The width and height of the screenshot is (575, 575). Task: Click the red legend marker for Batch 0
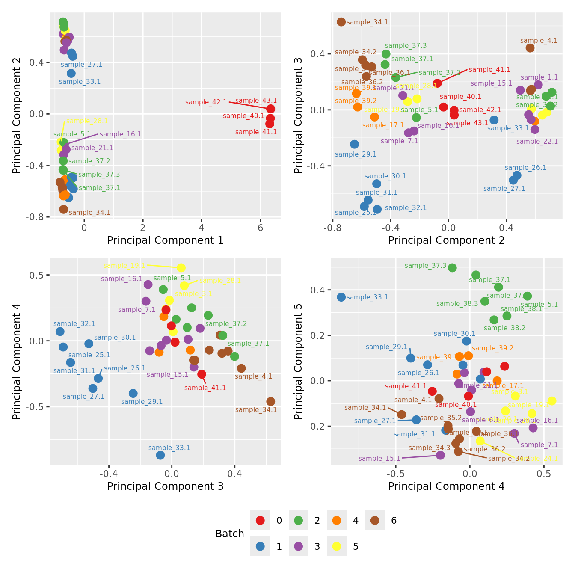pos(260,520)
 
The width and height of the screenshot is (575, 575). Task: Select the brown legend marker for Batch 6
pos(375,520)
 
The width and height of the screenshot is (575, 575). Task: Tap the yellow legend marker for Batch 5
pos(337,546)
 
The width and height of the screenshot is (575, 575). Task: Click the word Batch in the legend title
pos(230,534)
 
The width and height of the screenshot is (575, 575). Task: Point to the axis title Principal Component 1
pos(165,240)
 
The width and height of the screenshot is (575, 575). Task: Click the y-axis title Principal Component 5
pos(298,361)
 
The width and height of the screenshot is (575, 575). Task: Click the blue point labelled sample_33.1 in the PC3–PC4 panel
pos(160,455)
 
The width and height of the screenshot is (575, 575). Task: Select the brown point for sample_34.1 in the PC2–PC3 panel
pos(341,22)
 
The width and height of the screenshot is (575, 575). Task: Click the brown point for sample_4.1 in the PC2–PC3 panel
pos(530,48)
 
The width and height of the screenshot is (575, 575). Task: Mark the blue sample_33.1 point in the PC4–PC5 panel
pos(341,297)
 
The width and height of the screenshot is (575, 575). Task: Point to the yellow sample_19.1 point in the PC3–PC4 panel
pos(181,268)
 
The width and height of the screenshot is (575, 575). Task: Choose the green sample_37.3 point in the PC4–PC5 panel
pos(452,268)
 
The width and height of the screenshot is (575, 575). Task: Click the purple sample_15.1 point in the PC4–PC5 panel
pos(440,455)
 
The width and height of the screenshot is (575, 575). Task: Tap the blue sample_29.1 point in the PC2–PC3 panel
pos(354,144)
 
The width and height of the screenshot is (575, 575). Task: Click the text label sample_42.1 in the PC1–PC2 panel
pos(206,102)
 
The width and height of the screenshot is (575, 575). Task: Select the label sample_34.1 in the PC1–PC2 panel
pos(89,213)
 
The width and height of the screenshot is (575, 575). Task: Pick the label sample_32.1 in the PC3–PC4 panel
pos(74,324)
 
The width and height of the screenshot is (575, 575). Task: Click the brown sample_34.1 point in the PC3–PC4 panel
pos(270,401)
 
